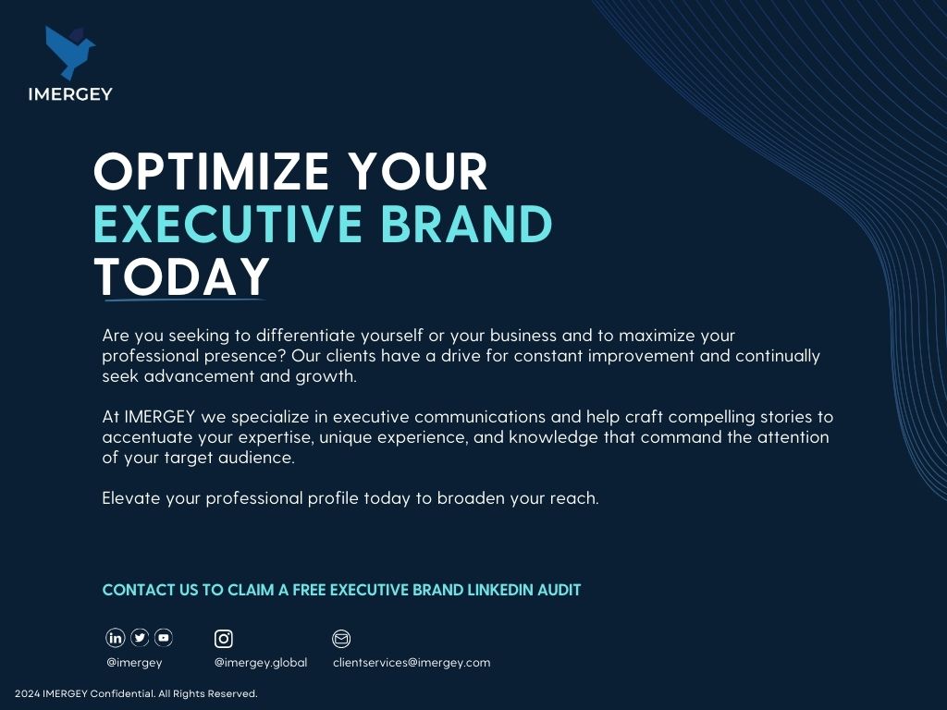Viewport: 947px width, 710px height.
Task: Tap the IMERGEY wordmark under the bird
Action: click(70, 94)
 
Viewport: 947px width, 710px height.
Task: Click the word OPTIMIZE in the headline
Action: click(211, 171)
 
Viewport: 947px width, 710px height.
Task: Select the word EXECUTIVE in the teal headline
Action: click(228, 224)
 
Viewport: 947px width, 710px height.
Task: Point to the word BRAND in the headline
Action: click(466, 224)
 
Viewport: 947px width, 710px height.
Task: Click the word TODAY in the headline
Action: click(182, 276)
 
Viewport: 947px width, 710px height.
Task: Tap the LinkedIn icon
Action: click(116, 638)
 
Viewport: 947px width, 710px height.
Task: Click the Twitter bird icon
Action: click(140, 638)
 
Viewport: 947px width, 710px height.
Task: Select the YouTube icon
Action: click(164, 638)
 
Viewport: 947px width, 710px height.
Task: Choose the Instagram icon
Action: click(224, 638)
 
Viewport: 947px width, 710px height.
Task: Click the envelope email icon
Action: click(341, 638)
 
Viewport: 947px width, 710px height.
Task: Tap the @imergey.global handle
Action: click(261, 663)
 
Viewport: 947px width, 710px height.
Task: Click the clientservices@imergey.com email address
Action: click(412, 662)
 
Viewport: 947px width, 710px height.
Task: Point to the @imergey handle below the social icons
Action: click(134, 663)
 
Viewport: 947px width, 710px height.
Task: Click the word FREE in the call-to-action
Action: click(309, 590)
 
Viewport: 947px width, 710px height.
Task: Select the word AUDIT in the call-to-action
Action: click(560, 590)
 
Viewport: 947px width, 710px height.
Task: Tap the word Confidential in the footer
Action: click(123, 693)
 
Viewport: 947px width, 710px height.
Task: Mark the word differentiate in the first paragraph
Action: click(305, 335)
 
